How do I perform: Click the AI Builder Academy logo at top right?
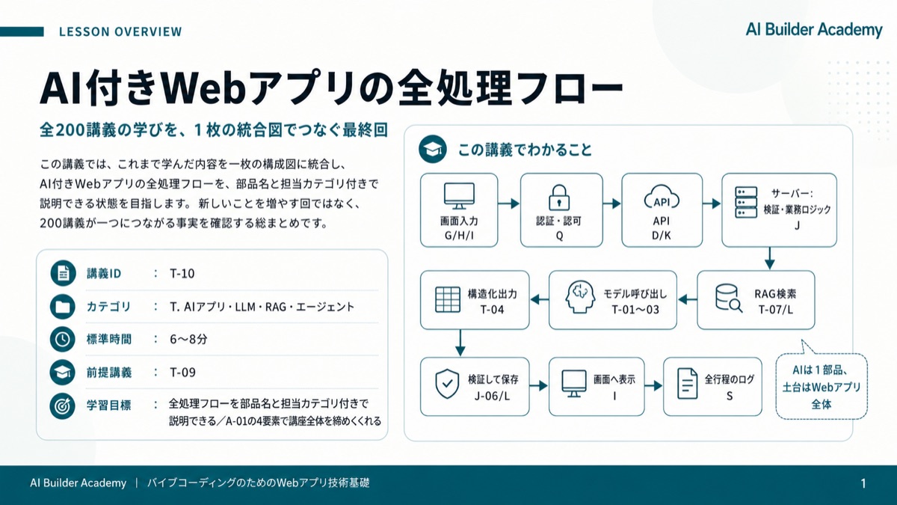(x=814, y=30)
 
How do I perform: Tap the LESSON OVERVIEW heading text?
(x=120, y=31)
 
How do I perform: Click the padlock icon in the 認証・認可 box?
(x=559, y=198)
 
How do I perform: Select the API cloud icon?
(x=661, y=197)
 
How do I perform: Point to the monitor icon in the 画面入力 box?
(x=459, y=196)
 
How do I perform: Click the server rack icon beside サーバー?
(x=746, y=203)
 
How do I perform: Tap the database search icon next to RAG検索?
(x=729, y=299)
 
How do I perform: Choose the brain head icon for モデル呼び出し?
(x=580, y=298)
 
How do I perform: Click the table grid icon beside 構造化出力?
(x=447, y=299)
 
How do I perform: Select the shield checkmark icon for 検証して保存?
(x=447, y=384)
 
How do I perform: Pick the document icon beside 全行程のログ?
(x=687, y=384)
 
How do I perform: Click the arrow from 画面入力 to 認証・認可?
(x=508, y=203)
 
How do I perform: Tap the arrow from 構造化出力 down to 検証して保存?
(x=460, y=343)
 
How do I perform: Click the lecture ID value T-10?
(x=182, y=274)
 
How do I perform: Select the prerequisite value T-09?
(x=182, y=373)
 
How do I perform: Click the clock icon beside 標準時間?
(x=63, y=339)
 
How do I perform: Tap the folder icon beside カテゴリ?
(x=63, y=307)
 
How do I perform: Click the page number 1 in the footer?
(x=863, y=483)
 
